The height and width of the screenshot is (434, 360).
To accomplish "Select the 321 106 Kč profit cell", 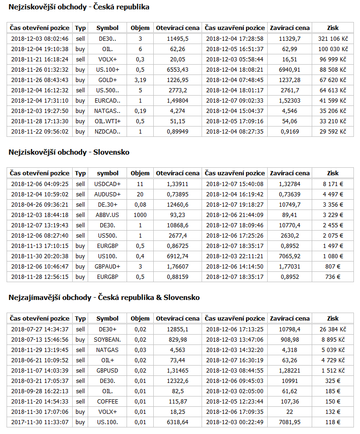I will tap(332, 39).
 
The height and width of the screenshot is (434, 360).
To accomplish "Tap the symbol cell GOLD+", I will tap(108, 80).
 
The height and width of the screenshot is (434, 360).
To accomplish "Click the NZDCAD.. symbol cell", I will tap(108, 132).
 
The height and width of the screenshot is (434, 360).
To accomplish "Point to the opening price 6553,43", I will tap(178, 70).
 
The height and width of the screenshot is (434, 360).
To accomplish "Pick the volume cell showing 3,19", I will tap(140, 80).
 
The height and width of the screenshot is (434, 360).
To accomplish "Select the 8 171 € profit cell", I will tap(332, 184).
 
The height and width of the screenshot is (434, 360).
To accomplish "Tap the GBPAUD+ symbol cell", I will tap(108, 267).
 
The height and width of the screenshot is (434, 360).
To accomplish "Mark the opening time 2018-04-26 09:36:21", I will tap(40, 205).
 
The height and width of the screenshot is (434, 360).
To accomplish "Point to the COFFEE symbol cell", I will tap(108, 402).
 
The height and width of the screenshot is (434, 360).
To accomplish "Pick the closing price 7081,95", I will tap(289, 422).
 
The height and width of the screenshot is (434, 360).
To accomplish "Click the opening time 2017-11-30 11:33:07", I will tap(40, 422).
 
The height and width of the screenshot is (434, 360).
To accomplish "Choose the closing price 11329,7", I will tap(289, 39).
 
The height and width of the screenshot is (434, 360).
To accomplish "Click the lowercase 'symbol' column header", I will tap(108, 173).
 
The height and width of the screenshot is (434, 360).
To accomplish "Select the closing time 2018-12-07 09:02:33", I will tap(234, 101).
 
